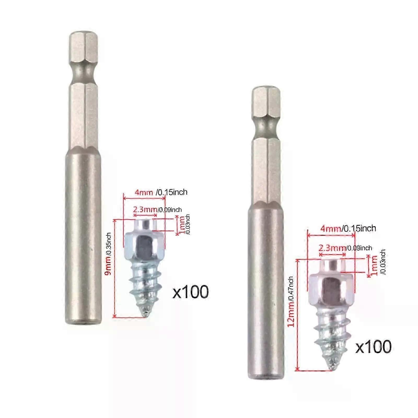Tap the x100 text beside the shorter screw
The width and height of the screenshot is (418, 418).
(190, 292)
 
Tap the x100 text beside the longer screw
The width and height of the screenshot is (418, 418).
(373, 347)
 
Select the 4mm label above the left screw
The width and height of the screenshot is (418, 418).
(144, 193)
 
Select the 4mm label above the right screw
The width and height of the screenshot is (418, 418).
(330, 229)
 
